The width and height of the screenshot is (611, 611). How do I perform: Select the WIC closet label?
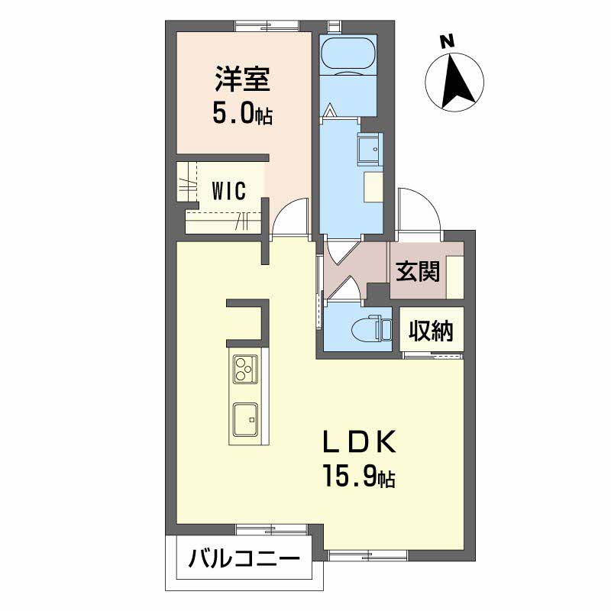[228, 191]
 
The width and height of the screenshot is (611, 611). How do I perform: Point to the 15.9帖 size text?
[357, 478]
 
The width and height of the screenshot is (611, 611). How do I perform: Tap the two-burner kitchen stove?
[244, 370]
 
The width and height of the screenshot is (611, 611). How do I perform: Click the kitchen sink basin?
[245, 419]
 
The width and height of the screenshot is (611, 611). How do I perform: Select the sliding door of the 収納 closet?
[433, 354]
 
